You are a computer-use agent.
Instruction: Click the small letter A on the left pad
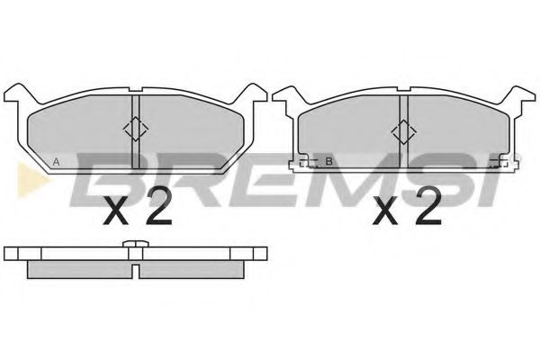coord(57,162)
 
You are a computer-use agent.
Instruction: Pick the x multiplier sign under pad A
coord(117,213)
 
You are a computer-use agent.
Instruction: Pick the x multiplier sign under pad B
coord(386,213)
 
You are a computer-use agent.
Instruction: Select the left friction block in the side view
coord(79,267)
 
